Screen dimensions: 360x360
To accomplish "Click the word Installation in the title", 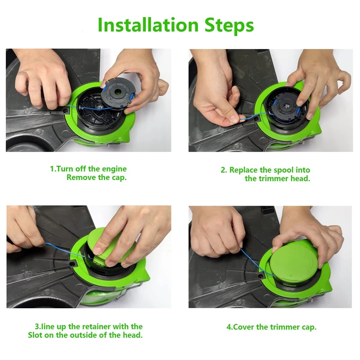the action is pyautogui.click(x=148, y=25).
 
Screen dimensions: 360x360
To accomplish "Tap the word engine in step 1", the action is pyautogui.click(x=114, y=169).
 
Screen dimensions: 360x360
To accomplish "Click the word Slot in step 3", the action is pyautogui.click(x=36, y=335).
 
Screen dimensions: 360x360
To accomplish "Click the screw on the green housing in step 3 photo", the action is pyautogui.click(x=72, y=264).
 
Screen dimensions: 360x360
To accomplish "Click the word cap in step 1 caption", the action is pyautogui.click(x=119, y=178).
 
